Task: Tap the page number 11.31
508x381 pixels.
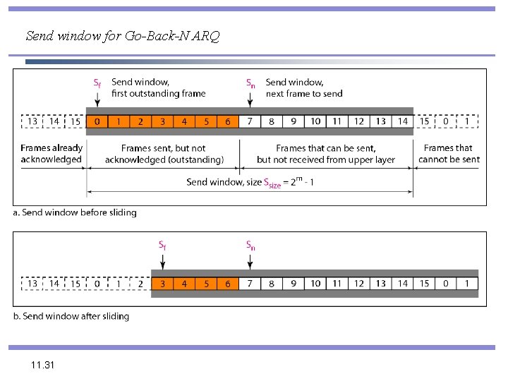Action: [x=42, y=365]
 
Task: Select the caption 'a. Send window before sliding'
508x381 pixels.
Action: [x=75, y=212]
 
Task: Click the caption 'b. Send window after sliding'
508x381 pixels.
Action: [x=71, y=316]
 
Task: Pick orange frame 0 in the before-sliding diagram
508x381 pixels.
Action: [x=97, y=121]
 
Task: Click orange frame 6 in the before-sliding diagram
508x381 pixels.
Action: [x=228, y=121]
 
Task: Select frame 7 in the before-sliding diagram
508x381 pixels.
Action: [x=250, y=121]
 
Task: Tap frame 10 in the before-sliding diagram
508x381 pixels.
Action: [x=315, y=121]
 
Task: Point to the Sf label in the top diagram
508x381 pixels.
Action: [x=97, y=83]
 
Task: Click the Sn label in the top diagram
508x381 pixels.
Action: [x=250, y=83]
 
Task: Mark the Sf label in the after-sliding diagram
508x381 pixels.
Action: [x=162, y=246]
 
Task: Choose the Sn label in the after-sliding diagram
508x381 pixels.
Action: [x=250, y=246]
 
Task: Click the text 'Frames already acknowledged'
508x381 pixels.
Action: [x=52, y=154]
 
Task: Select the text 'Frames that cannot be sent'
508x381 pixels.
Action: [x=449, y=154]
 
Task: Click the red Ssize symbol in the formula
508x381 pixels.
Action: [x=272, y=183]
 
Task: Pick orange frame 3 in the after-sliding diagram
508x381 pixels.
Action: [x=162, y=284]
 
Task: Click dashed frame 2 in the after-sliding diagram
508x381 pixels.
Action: [x=140, y=284]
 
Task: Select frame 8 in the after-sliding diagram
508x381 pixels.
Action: [x=272, y=284]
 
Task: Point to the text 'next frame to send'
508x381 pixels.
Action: [x=304, y=93]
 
